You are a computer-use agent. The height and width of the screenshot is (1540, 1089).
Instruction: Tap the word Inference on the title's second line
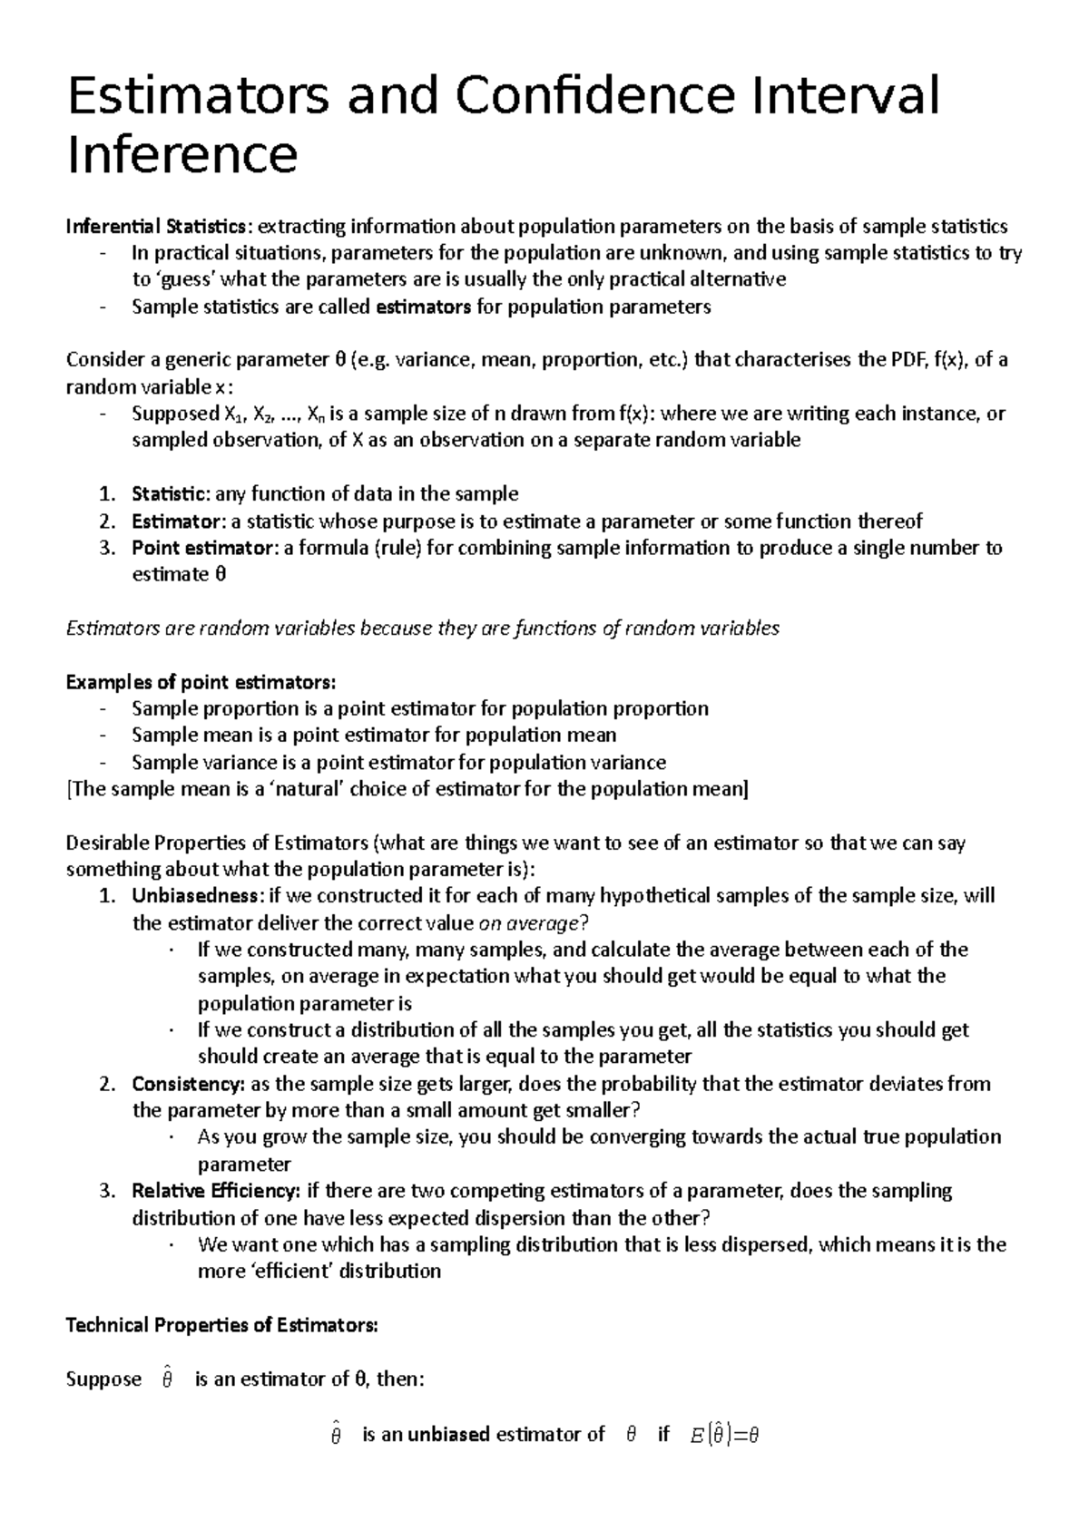pyautogui.click(x=181, y=155)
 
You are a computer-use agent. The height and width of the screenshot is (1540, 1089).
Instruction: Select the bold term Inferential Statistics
pyautogui.click(x=155, y=226)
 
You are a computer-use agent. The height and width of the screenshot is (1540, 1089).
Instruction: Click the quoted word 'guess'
pyautogui.click(x=186, y=279)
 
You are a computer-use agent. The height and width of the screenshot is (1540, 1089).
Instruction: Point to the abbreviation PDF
pyautogui.click(x=907, y=360)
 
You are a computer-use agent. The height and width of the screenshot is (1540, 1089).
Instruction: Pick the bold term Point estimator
pyautogui.click(x=201, y=548)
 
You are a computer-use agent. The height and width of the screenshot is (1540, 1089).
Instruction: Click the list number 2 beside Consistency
pyautogui.click(x=107, y=1084)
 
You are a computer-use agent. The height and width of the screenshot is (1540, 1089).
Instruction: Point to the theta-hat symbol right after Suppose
pyautogui.click(x=166, y=1379)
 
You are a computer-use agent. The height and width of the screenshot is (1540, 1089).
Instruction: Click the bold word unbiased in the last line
pyautogui.click(x=448, y=1434)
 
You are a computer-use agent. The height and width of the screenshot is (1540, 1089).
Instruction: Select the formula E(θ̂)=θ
pyautogui.click(x=723, y=1434)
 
